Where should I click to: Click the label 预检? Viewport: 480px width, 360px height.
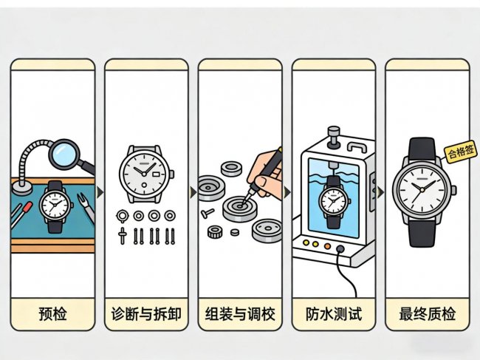coord(52,314)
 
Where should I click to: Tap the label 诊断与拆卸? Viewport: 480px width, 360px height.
coord(146,314)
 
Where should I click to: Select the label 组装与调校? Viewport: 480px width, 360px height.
coord(240,314)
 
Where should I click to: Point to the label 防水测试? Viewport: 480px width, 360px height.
coord(334,314)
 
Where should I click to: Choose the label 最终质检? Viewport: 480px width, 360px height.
coord(427,314)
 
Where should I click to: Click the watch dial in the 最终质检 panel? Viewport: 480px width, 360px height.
coord(421,189)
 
